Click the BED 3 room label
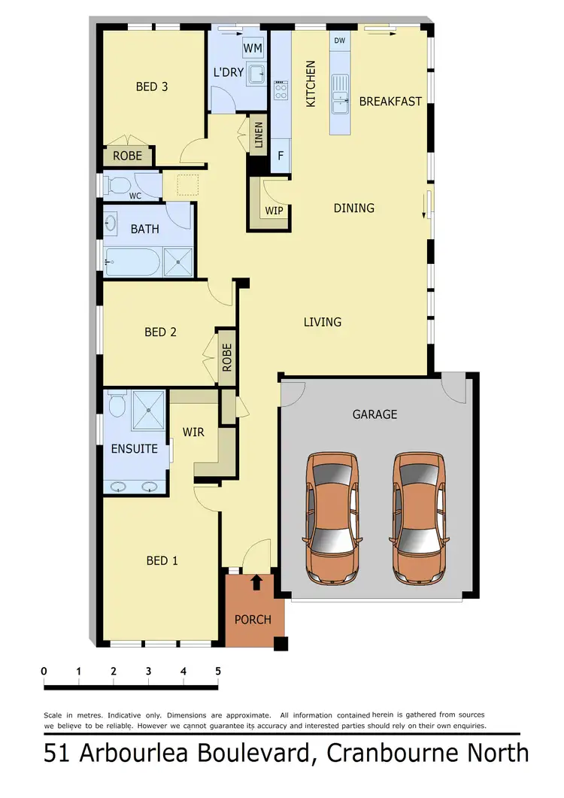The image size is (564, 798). click(151, 86)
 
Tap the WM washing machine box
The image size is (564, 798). click(253, 48)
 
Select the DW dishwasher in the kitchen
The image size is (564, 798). click(340, 41)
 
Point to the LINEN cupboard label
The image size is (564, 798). click(259, 137)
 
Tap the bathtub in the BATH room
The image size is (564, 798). click(133, 262)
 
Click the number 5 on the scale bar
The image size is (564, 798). click(218, 671)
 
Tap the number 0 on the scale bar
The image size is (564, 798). click(44, 671)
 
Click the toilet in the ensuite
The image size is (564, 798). click(117, 406)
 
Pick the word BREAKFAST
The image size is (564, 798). click(390, 101)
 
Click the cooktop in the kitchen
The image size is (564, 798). click(281, 91)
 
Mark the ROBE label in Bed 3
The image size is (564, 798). click(127, 156)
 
